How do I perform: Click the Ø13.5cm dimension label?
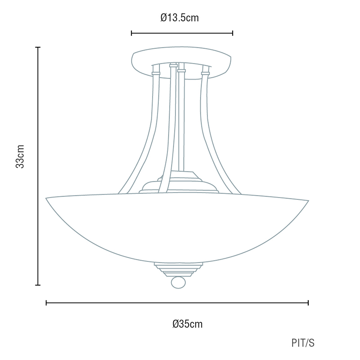click(x=180, y=18)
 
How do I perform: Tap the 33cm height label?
click(x=20, y=156)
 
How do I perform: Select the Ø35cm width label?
click(x=188, y=324)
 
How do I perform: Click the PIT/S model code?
click(x=303, y=343)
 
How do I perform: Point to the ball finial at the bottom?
click(x=178, y=283)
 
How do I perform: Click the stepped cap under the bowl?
click(x=178, y=269)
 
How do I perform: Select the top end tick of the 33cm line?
click(x=38, y=47)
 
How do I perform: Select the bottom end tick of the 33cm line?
click(x=38, y=285)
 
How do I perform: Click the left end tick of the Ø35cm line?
click(x=46, y=303)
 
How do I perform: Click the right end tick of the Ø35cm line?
click(x=308, y=303)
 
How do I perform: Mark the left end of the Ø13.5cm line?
click(x=131, y=33)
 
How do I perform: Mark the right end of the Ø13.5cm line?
click(x=233, y=33)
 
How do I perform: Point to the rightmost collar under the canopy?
click(x=206, y=72)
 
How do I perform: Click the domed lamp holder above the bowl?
click(x=180, y=184)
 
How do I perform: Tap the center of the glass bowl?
click(x=178, y=227)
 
